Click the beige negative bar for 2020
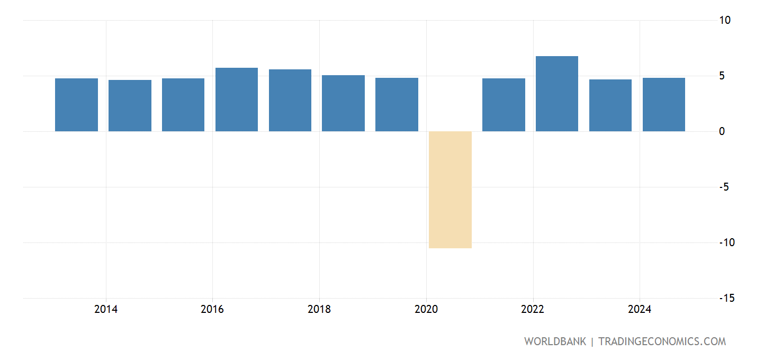(450, 190)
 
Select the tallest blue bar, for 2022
(557, 94)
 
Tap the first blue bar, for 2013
(76, 105)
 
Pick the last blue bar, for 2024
(663, 105)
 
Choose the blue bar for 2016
(237, 100)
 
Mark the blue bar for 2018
(343, 103)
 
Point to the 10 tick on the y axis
(725, 20)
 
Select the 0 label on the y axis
(722, 131)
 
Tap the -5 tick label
(723, 187)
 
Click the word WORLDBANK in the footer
(555, 341)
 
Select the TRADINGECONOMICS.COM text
(662, 341)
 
